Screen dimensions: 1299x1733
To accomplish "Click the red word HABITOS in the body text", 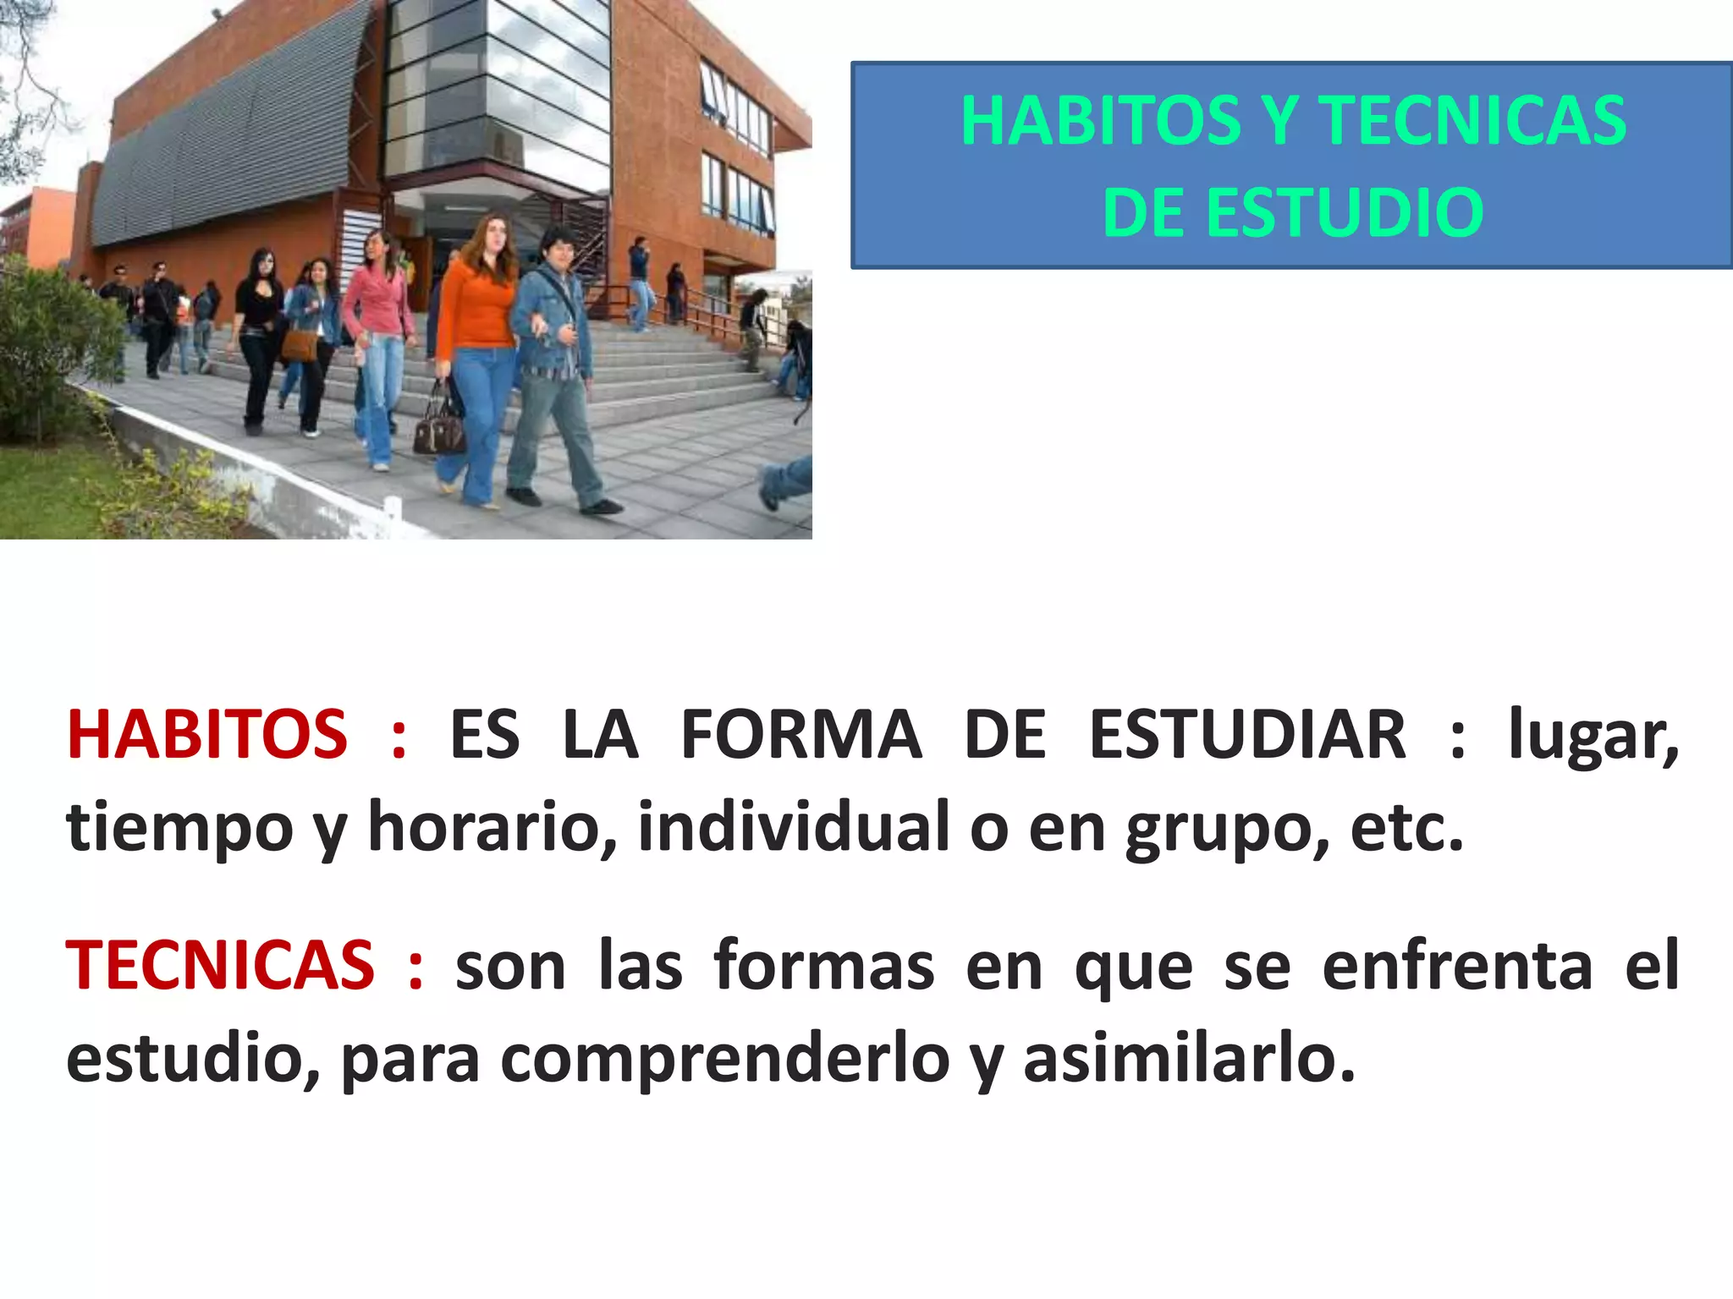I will (x=207, y=734).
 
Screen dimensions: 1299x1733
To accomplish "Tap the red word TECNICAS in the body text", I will (x=220, y=965).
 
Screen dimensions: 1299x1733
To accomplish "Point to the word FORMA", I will (x=800, y=734).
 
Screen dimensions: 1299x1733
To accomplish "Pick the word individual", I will (x=793, y=826).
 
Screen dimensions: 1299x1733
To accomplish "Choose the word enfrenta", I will (x=1457, y=965).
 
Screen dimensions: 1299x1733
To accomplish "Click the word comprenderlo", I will (x=725, y=1059).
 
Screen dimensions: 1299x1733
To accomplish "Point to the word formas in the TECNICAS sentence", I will (x=823, y=965).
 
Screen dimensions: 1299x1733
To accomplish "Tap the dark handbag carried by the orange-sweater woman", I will (x=438, y=427).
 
